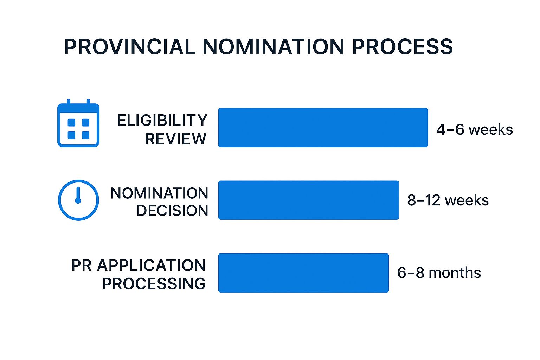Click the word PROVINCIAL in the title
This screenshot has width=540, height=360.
point(130,47)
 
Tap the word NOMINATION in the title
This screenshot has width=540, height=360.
point(274,47)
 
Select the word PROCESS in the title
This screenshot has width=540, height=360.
point(402,47)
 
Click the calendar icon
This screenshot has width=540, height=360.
point(78,123)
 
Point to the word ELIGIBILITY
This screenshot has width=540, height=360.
point(162,120)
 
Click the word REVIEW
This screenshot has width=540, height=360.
point(176,139)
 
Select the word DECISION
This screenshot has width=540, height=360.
point(172,211)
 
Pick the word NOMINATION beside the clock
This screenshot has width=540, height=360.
point(159,193)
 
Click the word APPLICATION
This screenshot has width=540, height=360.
point(152,265)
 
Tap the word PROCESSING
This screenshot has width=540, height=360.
point(154,284)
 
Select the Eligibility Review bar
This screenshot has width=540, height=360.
point(323,128)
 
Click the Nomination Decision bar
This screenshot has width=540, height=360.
point(309,200)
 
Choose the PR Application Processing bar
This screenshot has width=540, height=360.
point(303,273)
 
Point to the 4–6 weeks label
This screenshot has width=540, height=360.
point(474,129)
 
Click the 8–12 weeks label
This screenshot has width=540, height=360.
point(448,200)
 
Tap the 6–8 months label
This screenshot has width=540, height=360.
point(439,273)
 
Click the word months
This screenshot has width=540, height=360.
point(455,273)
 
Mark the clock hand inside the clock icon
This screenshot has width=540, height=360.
point(78,195)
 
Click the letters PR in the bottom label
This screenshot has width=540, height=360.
point(82,265)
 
